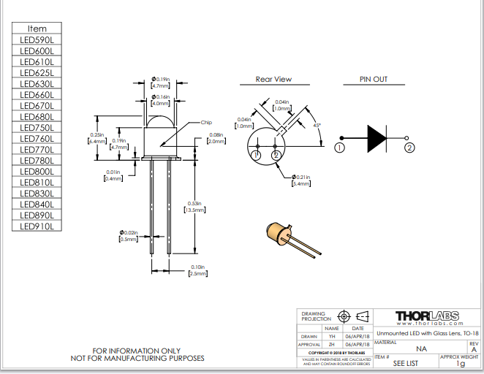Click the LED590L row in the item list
tap(37, 39)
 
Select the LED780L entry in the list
tap(37, 161)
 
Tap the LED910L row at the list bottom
tap(37, 226)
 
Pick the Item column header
tap(37, 28)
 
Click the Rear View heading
tap(273, 80)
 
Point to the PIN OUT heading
tap(374, 80)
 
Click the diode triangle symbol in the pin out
tap(377, 137)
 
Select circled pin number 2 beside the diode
tap(409, 148)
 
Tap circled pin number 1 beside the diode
tap(339, 148)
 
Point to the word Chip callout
tap(206, 122)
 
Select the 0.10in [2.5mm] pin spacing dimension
tap(197, 270)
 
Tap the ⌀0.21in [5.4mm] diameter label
tap(302, 180)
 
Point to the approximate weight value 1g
tap(460, 363)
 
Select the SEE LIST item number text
tap(406, 363)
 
